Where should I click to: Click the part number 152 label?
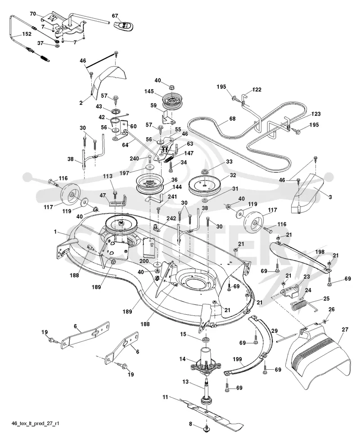[27, 34]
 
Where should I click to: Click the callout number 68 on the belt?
[232, 118]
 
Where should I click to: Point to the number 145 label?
[149, 91]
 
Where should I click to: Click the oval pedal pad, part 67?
[124, 25]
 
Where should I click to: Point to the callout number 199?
[237, 359]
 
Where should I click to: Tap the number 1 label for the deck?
[55, 231]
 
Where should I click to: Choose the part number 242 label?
[171, 218]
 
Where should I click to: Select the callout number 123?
[315, 114]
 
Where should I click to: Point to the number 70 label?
[33, 14]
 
